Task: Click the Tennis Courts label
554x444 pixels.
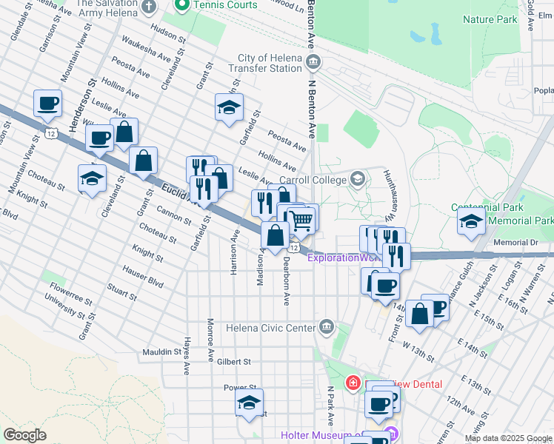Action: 225,5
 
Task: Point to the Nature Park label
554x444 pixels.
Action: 489,19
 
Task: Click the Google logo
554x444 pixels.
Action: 24,435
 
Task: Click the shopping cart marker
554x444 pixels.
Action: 301,219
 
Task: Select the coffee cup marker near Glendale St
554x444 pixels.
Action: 47,104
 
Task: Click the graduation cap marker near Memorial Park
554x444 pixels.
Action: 471,221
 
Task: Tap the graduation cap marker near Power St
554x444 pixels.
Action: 249,403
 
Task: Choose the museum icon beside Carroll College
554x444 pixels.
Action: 358,179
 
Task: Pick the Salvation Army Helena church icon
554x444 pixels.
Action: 150,7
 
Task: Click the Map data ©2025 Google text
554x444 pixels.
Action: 507,438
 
